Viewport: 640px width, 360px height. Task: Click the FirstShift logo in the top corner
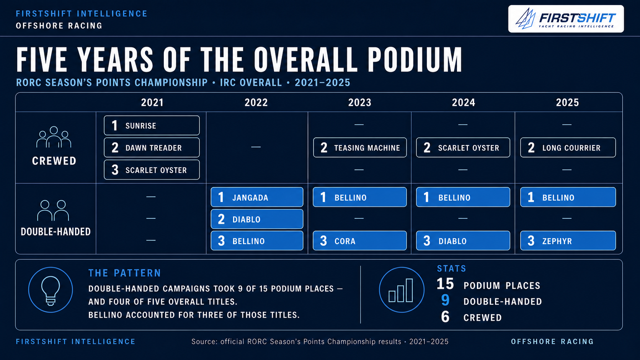(566, 19)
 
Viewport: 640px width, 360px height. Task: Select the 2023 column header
(360, 103)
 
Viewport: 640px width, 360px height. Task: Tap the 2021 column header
(152, 103)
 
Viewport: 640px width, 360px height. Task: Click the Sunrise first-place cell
(152, 125)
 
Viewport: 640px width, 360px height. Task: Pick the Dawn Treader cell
(152, 148)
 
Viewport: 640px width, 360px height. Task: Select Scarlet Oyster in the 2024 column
(463, 148)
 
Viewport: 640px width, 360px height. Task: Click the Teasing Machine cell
(360, 148)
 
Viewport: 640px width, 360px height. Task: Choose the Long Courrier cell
(568, 148)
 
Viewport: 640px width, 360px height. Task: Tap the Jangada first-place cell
(257, 197)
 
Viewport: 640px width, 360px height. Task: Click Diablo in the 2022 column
(257, 219)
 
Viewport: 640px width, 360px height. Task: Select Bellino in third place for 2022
(257, 241)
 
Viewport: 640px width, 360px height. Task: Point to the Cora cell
(360, 241)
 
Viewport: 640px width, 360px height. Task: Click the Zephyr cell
(568, 241)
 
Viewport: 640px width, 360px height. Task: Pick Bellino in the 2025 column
(568, 197)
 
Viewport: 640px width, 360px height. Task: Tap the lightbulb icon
(51, 290)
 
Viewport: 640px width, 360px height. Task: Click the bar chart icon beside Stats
(402, 290)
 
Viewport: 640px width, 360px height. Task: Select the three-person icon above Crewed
(54, 137)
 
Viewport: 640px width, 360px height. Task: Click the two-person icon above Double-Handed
(53, 210)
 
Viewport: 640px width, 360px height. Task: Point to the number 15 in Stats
(445, 284)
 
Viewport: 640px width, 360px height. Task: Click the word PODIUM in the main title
(415, 60)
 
